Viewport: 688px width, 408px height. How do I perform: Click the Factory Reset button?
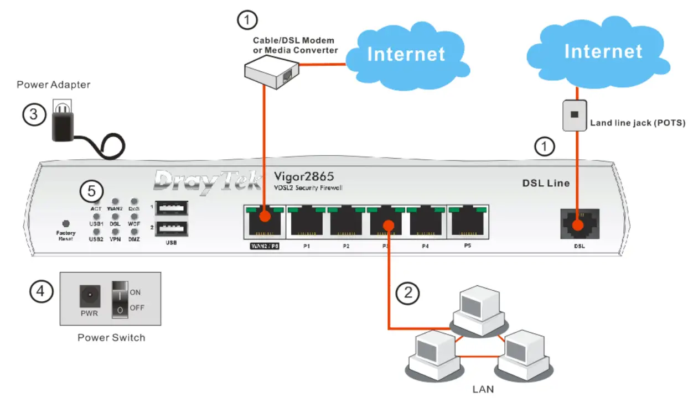point(66,223)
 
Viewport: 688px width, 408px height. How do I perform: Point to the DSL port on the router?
point(580,224)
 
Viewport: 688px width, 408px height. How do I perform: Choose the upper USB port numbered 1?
point(171,208)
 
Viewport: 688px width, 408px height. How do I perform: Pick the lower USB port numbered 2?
point(171,228)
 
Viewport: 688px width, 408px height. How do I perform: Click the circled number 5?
point(91,191)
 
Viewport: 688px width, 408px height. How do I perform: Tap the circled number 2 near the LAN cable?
point(408,292)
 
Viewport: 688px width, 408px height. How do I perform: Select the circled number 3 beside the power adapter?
point(34,114)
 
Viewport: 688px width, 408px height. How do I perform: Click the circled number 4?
point(42,291)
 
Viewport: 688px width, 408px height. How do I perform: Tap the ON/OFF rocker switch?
point(120,299)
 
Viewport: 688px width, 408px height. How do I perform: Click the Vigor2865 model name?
point(304,176)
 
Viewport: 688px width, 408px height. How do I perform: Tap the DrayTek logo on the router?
point(208,181)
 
